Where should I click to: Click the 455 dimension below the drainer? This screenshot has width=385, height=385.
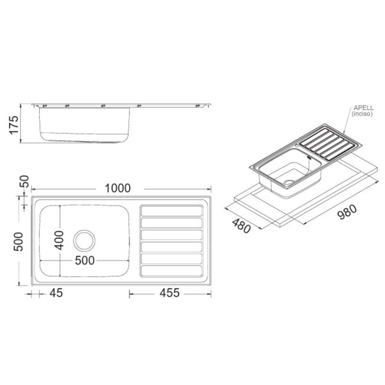167,293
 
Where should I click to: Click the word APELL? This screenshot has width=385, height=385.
363,108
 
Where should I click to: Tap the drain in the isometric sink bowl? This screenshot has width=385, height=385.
288,182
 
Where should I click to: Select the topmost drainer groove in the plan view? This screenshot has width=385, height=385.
171,211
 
